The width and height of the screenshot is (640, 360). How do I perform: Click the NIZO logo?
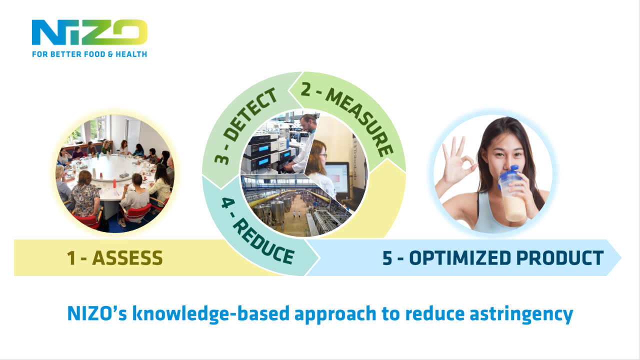[x=89, y=32]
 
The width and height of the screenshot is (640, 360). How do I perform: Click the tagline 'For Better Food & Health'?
[x=89, y=54]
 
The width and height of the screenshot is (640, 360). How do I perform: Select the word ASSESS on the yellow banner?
[x=127, y=258]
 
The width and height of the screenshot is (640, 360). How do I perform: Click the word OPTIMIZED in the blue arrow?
[x=459, y=258]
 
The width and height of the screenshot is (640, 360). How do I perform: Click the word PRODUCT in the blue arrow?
[x=560, y=258]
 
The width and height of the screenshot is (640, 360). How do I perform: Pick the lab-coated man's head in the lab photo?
[x=308, y=122]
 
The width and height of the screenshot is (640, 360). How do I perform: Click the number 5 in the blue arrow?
[x=387, y=258]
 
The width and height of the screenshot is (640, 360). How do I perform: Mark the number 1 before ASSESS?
[x=71, y=258]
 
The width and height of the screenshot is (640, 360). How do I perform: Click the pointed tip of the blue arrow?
[x=621, y=257]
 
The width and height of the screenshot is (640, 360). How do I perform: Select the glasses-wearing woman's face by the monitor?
[x=322, y=155]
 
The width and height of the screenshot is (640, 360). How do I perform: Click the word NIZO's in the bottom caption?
[x=97, y=313]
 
